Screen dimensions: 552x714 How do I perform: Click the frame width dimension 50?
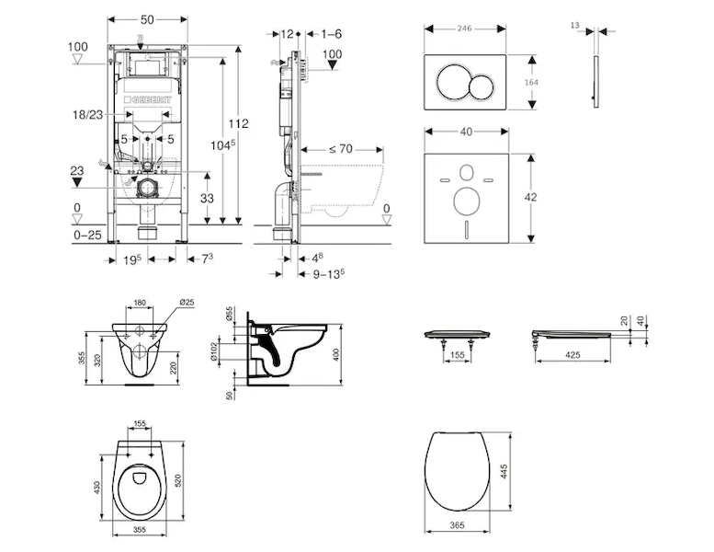point(147,17)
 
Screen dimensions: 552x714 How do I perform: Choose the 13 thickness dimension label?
point(575,28)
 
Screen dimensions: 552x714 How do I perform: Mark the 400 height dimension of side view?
point(337,354)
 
